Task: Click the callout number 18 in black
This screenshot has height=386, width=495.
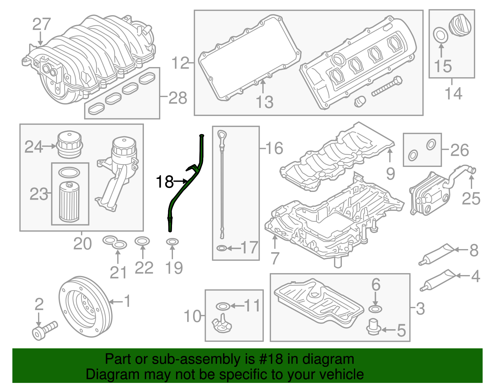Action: [165, 182]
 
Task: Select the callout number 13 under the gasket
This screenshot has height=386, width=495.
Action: [265, 102]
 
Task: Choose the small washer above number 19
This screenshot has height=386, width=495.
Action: [172, 241]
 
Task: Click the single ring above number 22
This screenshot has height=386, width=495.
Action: [142, 241]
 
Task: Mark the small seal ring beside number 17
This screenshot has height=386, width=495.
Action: [222, 248]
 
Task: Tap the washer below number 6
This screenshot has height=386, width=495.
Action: [375, 309]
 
